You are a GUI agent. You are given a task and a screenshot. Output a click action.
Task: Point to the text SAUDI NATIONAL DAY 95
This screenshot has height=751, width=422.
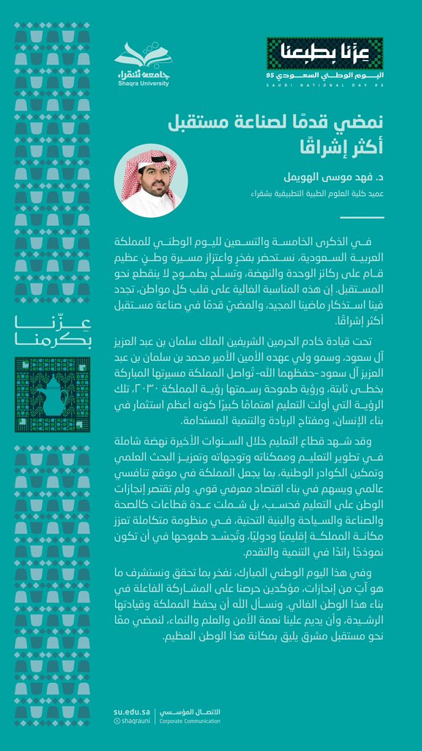click(325, 86)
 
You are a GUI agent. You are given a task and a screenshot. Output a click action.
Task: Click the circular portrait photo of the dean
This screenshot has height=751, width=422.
click(150, 180)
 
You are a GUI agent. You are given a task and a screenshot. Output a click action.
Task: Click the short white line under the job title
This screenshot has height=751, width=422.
click(362, 217)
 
